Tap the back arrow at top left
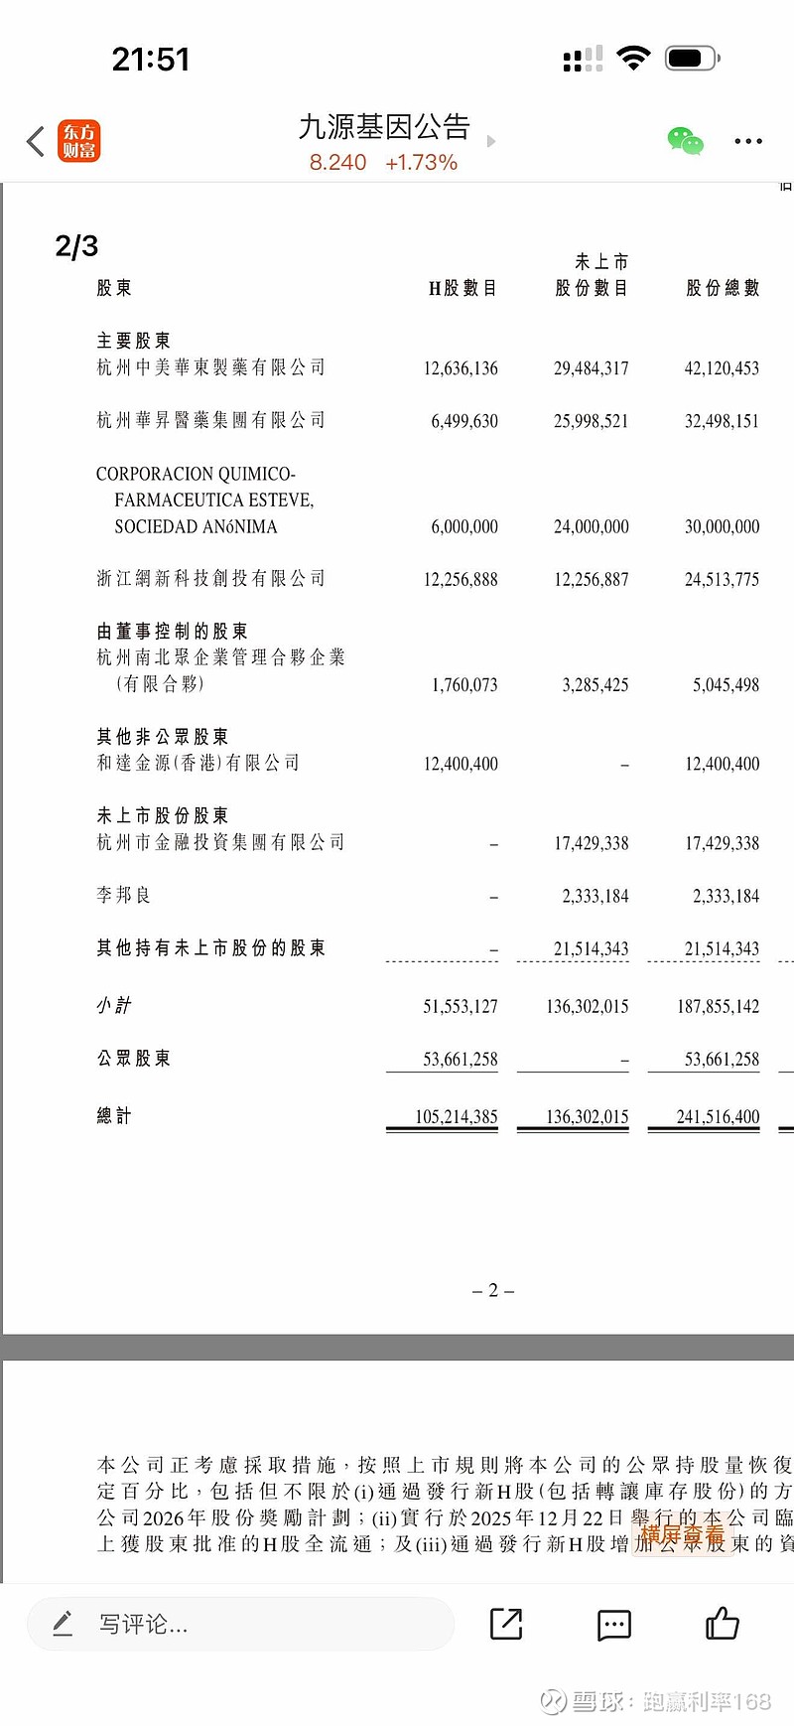[x=36, y=141]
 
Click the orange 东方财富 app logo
[x=78, y=141]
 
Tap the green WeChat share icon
[x=685, y=141]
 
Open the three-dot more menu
[x=748, y=141]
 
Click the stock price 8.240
[x=337, y=163]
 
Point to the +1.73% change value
[x=421, y=163]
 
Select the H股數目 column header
[x=463, y=288]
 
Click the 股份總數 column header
[x=723, y=288]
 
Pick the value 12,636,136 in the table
[x=461, y=368]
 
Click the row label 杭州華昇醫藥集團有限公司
[x=210, y=420]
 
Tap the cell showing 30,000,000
[x=722, y=526]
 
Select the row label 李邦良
[x=123, y=895]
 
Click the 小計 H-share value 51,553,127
[x=461, y=1006]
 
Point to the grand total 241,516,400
[x=718, y=1116]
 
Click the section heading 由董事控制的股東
[x=172, y=632]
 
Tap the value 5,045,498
[x=726, y=684]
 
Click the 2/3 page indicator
[x=76, y=246]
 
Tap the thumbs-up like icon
[x=722, y=1624]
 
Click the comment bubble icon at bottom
[x=613, y=1625]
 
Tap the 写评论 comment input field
[x=238, y=1625]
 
